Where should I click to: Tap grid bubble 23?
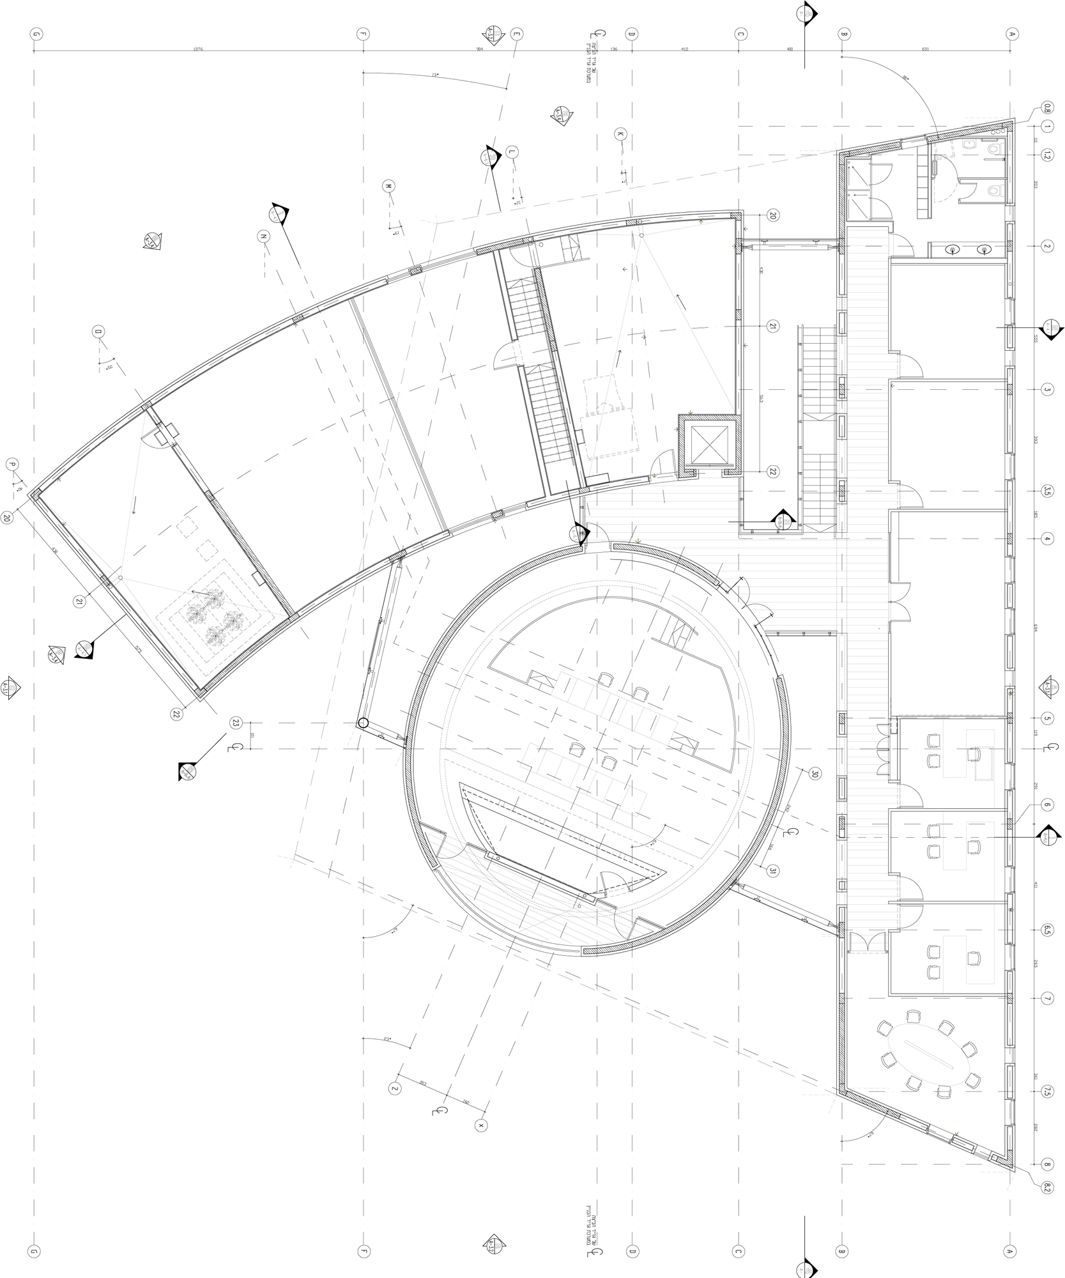click(236, 723)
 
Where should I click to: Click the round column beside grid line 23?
click(362, 723)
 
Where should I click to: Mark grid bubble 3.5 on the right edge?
click(1047, 491)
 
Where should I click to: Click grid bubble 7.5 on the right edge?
click(1047, 1092)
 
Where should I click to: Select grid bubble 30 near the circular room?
click(815, 774)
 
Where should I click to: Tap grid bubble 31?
click(774, 870)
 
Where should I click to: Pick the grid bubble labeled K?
click(620, 134)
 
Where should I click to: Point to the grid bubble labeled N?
click(263, 236)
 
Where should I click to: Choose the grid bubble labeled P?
click(11, 464)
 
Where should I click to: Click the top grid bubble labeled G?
click(34, 35)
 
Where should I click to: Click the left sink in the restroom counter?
click(953, 249)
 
